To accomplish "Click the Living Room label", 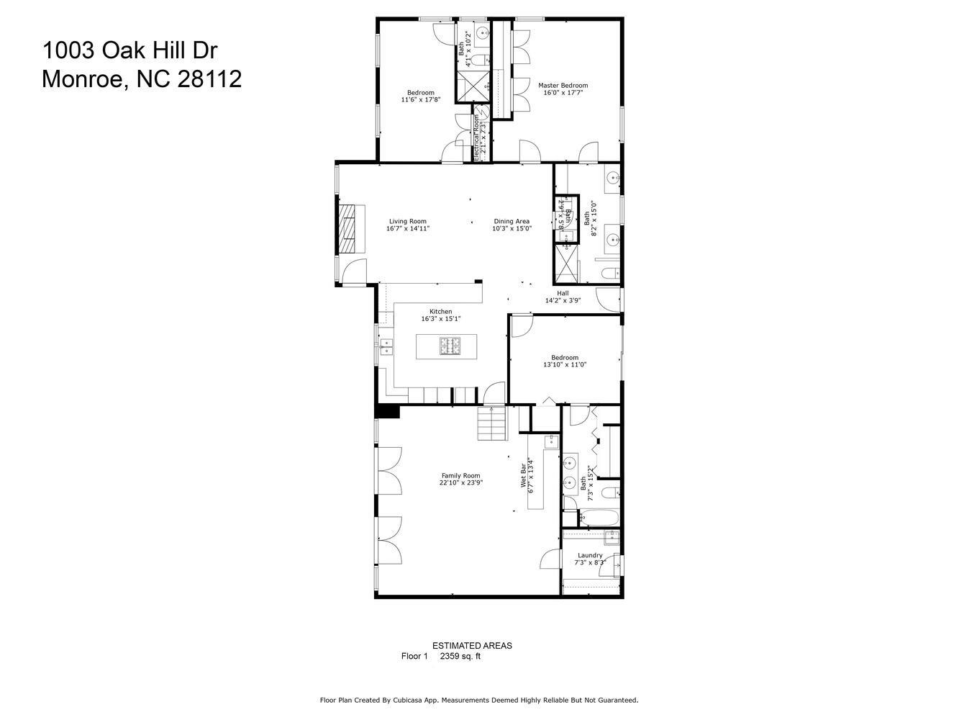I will pyautogui.click(x=407, y=222).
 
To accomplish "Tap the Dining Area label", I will pyautogui.click(x=512, y=222).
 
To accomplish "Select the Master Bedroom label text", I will pyautogui.click(x=563, y=86).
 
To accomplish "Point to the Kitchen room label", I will pyautogui.click(x=440, y=312).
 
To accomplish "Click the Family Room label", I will pyautogui.click(x=460, y=476).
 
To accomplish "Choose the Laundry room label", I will pyautogui.click(x=590, y=555).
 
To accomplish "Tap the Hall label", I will pyautogui.click(x=563, y=293).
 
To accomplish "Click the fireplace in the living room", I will pyautogui.click(x=349, y=228).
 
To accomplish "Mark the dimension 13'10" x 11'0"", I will pyautogui.click(x=565, y=365).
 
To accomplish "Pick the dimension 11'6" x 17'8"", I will pyautogui.click(x=420, y=100).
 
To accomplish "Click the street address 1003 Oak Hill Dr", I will pyautogui.click(x=129, y=50).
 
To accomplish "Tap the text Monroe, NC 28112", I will pyautogui.click(x=141, y=78).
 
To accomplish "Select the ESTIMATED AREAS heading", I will pyautogui.click(x=472, y=646).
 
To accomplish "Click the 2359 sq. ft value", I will pyautogui.click(x=460, y=656).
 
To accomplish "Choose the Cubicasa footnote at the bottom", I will pyautogui.click(x=478, y=700).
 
